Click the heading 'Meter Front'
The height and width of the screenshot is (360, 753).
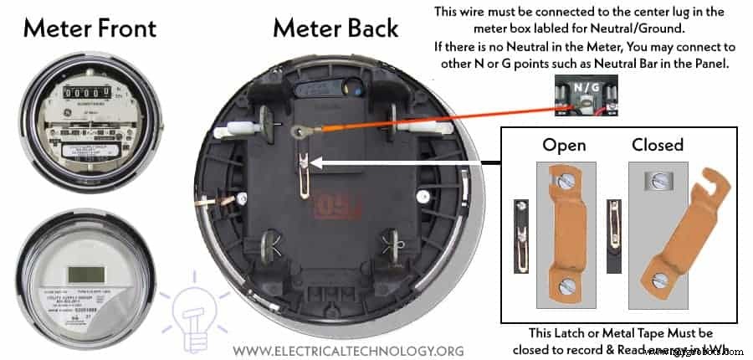(90, 28)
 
